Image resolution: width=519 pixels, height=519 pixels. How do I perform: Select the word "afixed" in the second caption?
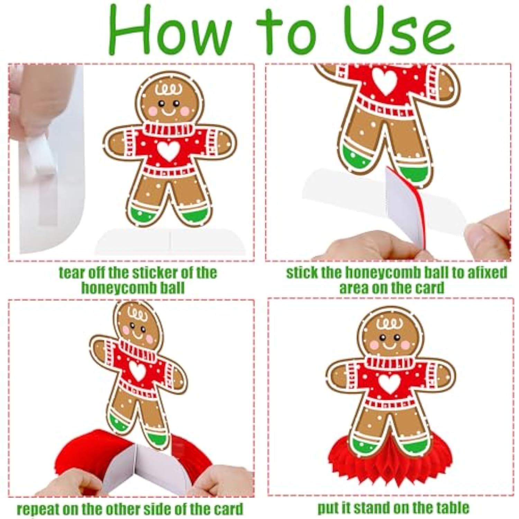(x=487, y=273)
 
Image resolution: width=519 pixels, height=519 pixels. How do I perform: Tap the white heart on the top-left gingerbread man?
(x=168, y=151)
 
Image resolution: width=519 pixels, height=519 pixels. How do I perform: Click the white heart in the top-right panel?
(x=385, y=81)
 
